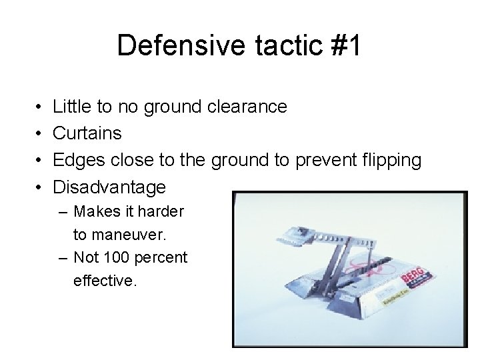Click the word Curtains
(x=87, y=133)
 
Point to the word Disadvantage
(x=109, y=187)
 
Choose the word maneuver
(x=129, y=235)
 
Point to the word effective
(x=105, y=281)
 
